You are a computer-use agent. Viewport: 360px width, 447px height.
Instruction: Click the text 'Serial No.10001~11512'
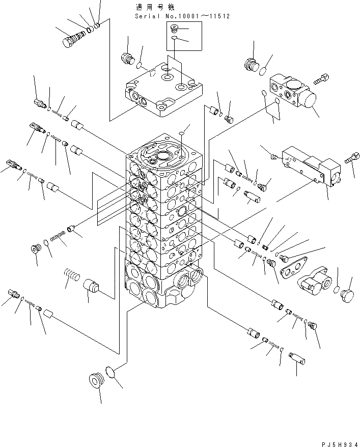tap(182, 16)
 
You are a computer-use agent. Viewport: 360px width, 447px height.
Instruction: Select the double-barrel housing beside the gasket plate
tap(317, 282)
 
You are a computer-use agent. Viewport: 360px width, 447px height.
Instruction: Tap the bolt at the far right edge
tap(350, 159)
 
